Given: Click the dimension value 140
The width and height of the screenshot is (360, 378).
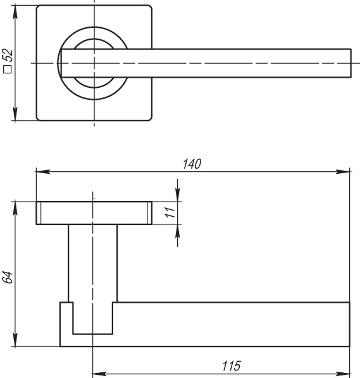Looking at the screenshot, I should click(x=191, y=164).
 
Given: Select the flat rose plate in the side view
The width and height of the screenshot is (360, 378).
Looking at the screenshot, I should click(x=94, y=213).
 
